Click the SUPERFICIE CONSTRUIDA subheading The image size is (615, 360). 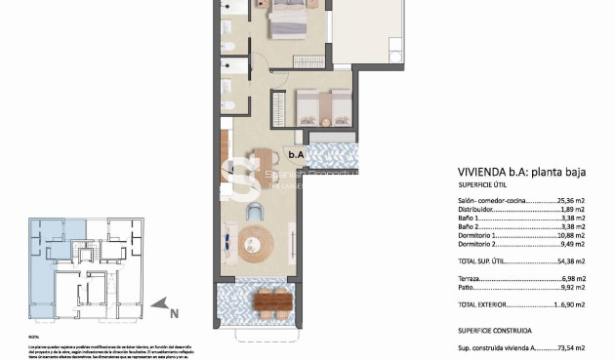tap(495, 330)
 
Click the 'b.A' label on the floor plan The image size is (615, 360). tap(295, 152)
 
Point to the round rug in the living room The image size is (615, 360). tap(258, 240)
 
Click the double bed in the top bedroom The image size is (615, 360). tap(288, 18)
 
